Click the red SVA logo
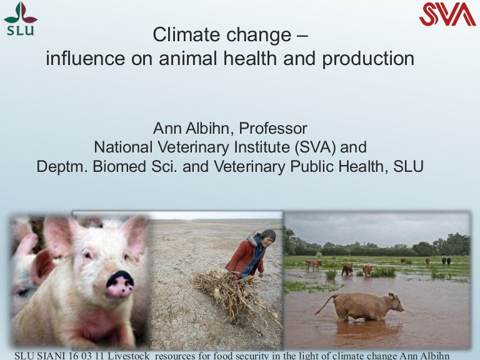(x=447, y=14)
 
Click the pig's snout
(x=119, y=284)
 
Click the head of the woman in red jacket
(x=267, y=237)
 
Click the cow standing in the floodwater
(x=366, y=307)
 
